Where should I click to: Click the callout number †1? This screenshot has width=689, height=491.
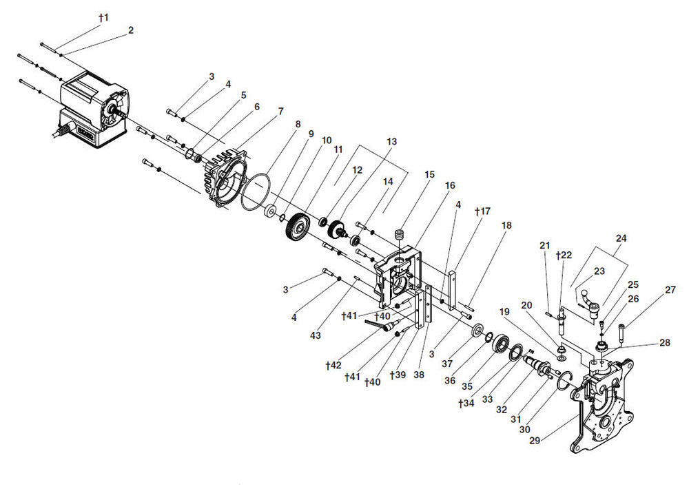click(x=104, y=18)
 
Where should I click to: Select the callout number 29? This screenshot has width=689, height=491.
click(x=535, y=440)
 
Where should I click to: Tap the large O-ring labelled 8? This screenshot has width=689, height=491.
click(x=256, y=192)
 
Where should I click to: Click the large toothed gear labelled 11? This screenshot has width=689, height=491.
click(x=298, y=229)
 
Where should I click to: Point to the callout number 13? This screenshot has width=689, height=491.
click(x=391, y=141)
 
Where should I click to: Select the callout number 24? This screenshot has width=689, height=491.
click(x=621, y=238)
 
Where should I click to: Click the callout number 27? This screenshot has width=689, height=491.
click(x=670, y=291)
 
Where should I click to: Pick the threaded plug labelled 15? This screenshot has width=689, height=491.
click(x=400, y=235)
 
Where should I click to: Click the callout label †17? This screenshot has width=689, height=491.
click(x=482, y=211)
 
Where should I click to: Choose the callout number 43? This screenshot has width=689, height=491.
click(x=315, y=335)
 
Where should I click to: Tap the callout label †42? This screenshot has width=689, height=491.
click(x=333, y=366)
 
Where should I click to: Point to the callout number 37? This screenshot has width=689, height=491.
click(x=447, y=364)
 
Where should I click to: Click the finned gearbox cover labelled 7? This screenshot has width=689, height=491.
click(x=225, y=178)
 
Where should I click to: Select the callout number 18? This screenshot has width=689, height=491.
click(x=506, y=225)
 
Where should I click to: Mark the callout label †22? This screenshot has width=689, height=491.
click(x=564, y=255)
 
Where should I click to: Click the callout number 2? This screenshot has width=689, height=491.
click(x=130, y=30)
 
